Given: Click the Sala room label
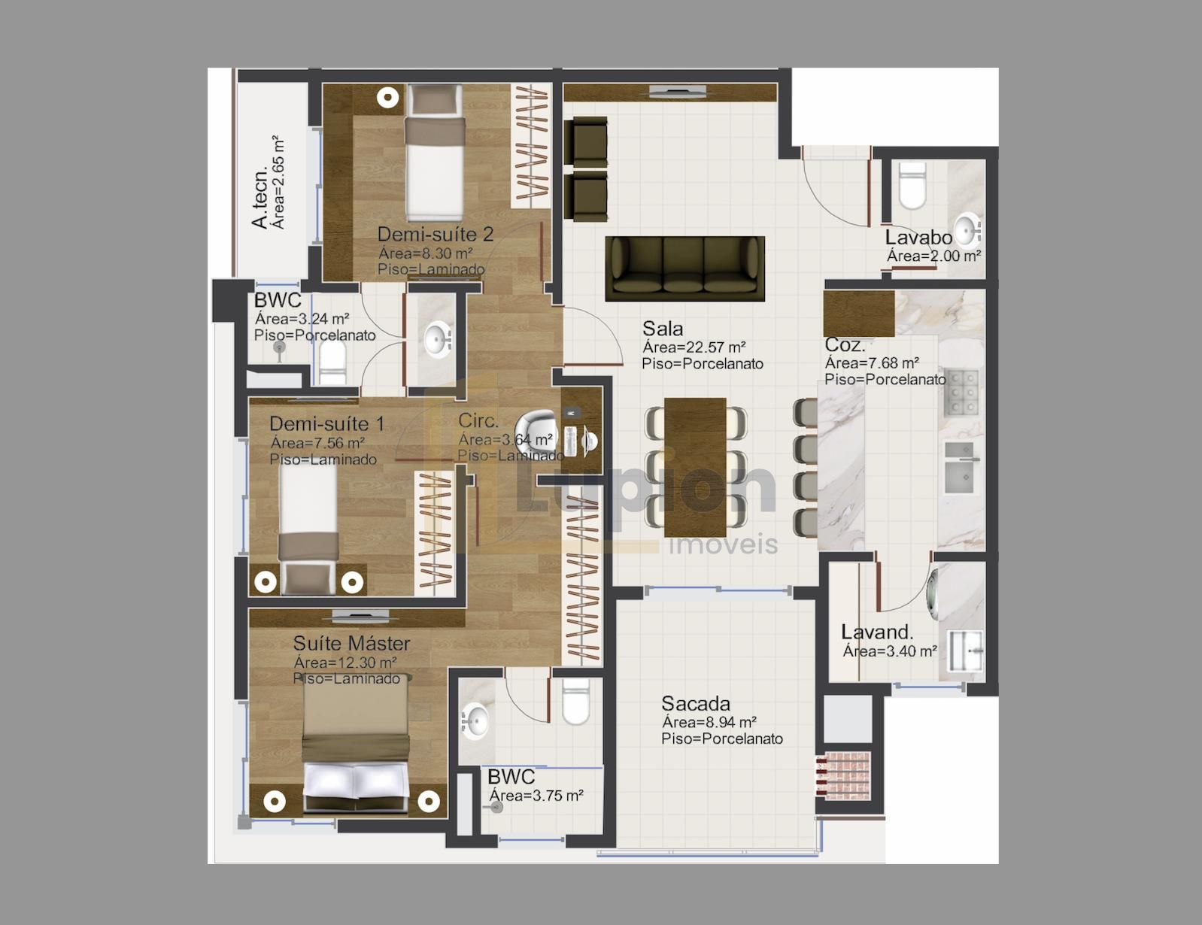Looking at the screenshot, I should coord(663,329).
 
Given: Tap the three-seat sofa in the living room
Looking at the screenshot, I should coord(684,268).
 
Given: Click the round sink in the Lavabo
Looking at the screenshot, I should coord(967,228).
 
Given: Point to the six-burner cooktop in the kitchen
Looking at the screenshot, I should coord(961,393).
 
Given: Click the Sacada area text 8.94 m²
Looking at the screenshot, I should coord(709,723).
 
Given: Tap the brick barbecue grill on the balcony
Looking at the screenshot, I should coord(843,775).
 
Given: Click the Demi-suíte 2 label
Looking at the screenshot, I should coord(435,234).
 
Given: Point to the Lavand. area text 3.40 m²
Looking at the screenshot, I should coord(889,651).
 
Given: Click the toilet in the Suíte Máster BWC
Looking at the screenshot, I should coord(576,702).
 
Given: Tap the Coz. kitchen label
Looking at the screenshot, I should coord(845,345).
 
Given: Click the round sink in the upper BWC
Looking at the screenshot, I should coord(436,341).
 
